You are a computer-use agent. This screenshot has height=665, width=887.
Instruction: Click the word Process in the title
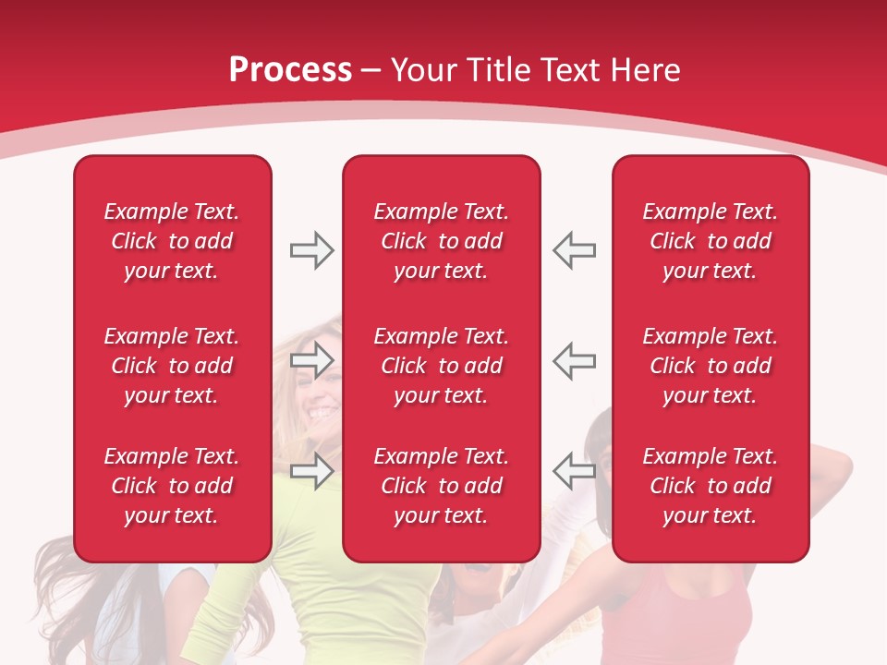[290, 70]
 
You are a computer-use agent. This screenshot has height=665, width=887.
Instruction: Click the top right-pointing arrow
[311, 250]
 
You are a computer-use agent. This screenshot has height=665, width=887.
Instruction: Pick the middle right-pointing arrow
[311, 360]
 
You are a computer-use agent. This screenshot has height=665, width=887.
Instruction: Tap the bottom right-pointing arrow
[311, 471]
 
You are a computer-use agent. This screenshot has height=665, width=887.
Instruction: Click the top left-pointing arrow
[575, 250]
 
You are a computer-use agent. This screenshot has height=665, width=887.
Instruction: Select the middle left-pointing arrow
[575, 360]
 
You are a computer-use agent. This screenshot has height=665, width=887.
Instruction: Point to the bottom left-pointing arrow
[575, 471]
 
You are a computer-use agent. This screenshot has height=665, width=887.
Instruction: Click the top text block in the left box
[172, 241]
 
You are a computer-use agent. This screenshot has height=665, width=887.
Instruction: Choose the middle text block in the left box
[172, 366]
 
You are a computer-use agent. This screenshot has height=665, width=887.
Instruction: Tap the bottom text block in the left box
[172, 486]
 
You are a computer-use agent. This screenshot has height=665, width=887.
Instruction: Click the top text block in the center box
[441, 241]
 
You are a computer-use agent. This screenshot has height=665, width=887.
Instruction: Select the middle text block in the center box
[441, 366]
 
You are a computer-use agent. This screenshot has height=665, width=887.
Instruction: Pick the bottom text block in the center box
[441, 486]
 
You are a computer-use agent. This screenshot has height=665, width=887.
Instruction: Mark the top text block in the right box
[710, 241]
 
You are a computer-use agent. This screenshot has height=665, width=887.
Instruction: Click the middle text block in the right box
[710, 366]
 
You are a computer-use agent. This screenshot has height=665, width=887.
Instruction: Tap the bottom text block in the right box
[710, 486]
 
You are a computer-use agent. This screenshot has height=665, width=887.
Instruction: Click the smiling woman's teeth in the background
[322, 409]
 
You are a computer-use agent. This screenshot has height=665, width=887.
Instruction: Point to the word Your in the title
[424, 70]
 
